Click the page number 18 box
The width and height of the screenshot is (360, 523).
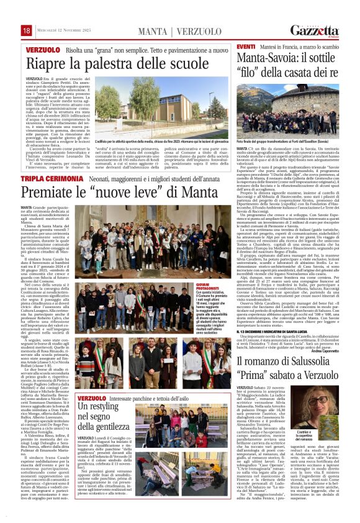tap(26, 31)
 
